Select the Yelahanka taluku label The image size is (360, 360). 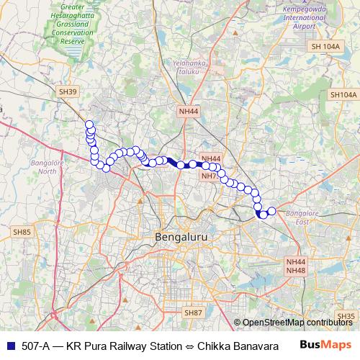click(x=189, y=67)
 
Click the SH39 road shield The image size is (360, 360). click(x=68, y=91)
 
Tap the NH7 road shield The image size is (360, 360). click(x=210, y=176)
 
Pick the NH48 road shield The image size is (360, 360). click(x=296, y=270)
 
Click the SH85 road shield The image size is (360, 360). click(x=22, y=232)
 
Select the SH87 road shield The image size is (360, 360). click(x=192, y=312)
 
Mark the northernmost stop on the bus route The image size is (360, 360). click(x=89, y=125)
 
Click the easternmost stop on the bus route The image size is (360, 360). click(x=272, y=211)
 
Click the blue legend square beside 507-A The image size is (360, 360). click(x=7, y=345)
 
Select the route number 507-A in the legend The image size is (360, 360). click(x=34, y=345)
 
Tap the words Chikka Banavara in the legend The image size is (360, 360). click(x=238, y=345)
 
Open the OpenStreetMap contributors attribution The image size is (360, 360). click(x=297, y=323)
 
